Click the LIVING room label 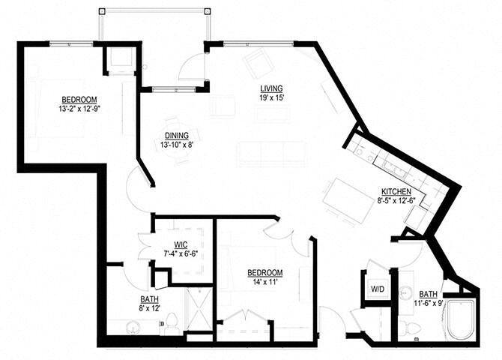271,87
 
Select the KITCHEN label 394,192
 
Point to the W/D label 377,289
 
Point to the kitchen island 348,199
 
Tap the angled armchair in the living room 258,64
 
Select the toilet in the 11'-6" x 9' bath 407,327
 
